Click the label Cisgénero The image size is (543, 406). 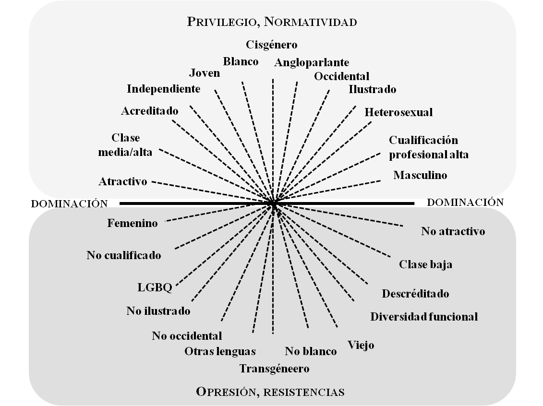point(272,45)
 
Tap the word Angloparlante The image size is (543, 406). point(312,62)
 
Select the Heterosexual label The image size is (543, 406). point(398,112)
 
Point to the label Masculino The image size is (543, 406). point(420,175)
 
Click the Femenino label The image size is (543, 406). point(133,223)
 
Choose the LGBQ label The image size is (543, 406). point(155,287)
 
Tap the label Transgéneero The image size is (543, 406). point(274,369)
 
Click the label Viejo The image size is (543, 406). point(361,345)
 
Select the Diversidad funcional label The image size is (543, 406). point(424,317)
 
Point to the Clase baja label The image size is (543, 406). point(425,264)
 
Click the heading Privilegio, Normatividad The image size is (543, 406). point(272,22)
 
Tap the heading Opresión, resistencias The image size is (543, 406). point(270,392)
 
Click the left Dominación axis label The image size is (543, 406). point(70,204)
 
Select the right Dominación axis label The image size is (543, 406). point(465,202)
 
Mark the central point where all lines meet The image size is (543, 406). point(273,203)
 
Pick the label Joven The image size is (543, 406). point(205,73)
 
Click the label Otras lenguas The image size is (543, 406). point(220,351)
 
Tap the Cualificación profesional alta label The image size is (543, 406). point(428,148)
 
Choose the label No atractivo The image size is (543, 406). point(453,231)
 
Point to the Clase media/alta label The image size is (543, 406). point(125,145)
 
